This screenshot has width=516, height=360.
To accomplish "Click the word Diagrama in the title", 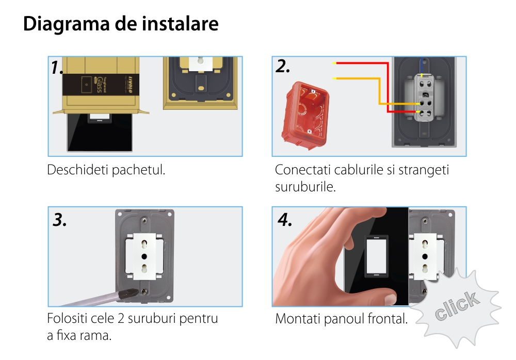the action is pyautogui.click(x=66, y=24).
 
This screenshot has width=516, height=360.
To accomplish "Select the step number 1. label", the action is pyautogui.click(x=57, y=68).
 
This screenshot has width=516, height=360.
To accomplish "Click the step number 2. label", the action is pyautogui.click(x=283, y=66).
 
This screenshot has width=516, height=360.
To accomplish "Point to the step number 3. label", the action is pyautogui.click(x=59, y=220).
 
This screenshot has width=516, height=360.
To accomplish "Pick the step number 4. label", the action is pyautogui.click(x=285, y=220).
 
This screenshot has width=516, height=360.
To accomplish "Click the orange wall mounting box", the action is pyautogui.click(x=305, y=115).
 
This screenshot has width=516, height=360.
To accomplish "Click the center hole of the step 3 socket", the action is pyautogui.click(x=144, y=256).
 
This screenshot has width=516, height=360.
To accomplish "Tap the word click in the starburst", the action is pyautogui.click(x=457, y=305).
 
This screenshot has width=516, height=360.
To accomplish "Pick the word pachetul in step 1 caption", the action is pyautogui.click(x=138, y=170).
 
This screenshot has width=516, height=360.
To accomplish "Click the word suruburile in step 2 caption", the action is pyautogui.click(x=305, y=187).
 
